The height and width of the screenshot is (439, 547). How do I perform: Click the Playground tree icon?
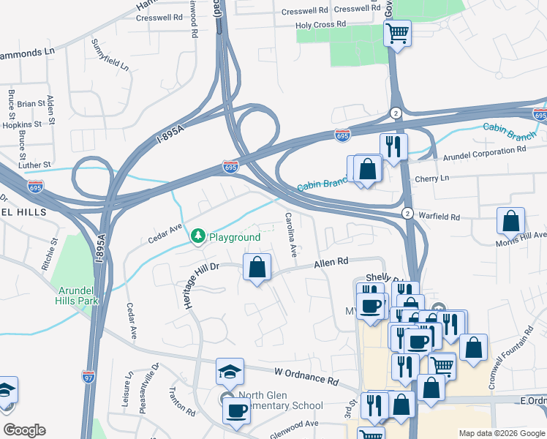tap(197, 236)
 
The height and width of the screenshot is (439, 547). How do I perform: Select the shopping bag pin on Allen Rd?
tap(257, 267)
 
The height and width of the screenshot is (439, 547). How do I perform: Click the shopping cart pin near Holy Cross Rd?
tap(397, 33)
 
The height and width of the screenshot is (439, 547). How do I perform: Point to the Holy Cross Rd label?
tap(320, 25)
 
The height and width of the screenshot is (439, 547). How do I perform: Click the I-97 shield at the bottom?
tap(88, 377)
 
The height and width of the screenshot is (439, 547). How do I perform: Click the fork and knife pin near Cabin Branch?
tap(393, 147)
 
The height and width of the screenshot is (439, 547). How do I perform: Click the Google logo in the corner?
tap(23, 430)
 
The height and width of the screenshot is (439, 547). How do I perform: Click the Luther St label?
tap(35, 165)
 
